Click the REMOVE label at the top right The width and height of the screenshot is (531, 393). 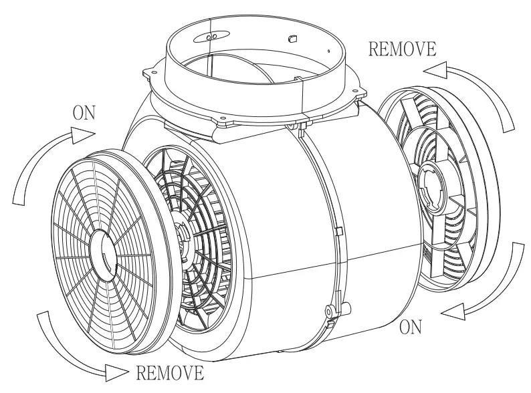point(402,49)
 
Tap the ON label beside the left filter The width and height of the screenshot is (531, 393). point(84,113)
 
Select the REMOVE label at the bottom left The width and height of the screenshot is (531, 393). point(170,373)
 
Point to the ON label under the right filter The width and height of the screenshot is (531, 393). point(411,327)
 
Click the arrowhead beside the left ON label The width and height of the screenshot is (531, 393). point(83,135)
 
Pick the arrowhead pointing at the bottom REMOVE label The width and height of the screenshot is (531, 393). point(117,373)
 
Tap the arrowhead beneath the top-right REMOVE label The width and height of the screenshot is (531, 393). point(435,71)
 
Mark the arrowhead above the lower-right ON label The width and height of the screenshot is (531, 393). point(453,311)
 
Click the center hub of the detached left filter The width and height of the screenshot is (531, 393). point(103,250)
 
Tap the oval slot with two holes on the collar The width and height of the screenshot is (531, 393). point(211,37)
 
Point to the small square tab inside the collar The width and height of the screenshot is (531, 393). point(292,39)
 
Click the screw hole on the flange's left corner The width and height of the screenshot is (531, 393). point(154,72)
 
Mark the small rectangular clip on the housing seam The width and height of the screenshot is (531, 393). point(338,231)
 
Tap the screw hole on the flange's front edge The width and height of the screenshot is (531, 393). point(223,118)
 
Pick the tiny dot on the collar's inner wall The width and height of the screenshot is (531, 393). point(328,51)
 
